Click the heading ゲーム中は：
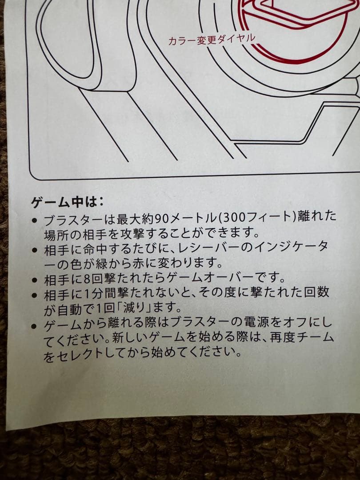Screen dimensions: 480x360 [x=67, y=203]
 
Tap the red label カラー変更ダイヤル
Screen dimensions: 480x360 [x=212, y=40]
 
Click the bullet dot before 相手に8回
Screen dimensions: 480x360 [x=35, y=280]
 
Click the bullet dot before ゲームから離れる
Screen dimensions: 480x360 [x=35, y=326]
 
